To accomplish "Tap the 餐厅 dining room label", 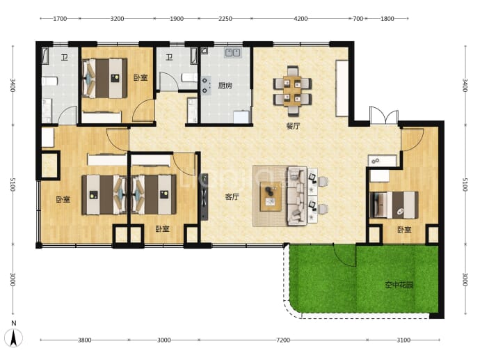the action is click(x=294, y=126).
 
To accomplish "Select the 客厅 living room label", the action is click(x=232, y=196).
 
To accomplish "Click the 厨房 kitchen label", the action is click(x=225, y=86).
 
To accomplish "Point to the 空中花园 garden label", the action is click(x=399, y=285).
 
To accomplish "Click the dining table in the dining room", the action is click(x=292, y=91).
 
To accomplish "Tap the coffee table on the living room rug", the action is click(x=271, y=196).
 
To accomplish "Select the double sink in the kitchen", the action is click(x=232, y=52).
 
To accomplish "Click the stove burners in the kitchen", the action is click(x=205, y=86).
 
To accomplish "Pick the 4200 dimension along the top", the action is click(x=301, y=19).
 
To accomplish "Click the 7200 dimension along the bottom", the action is click(x=283, y=340).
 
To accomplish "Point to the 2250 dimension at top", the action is click(x=225, y=19).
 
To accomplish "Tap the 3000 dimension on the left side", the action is click(x=13, y=279).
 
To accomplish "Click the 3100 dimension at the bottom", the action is click(x=403, y=340).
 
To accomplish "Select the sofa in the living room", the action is click(x=296, y=196).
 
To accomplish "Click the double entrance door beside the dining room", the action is click(x=384, y=115).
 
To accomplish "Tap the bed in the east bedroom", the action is click(x=394, y=205).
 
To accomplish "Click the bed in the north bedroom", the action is click(x=104, y=78).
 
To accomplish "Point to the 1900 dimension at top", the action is click(x=177, y=19).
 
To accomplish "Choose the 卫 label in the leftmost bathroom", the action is click(x=64, y=57).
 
